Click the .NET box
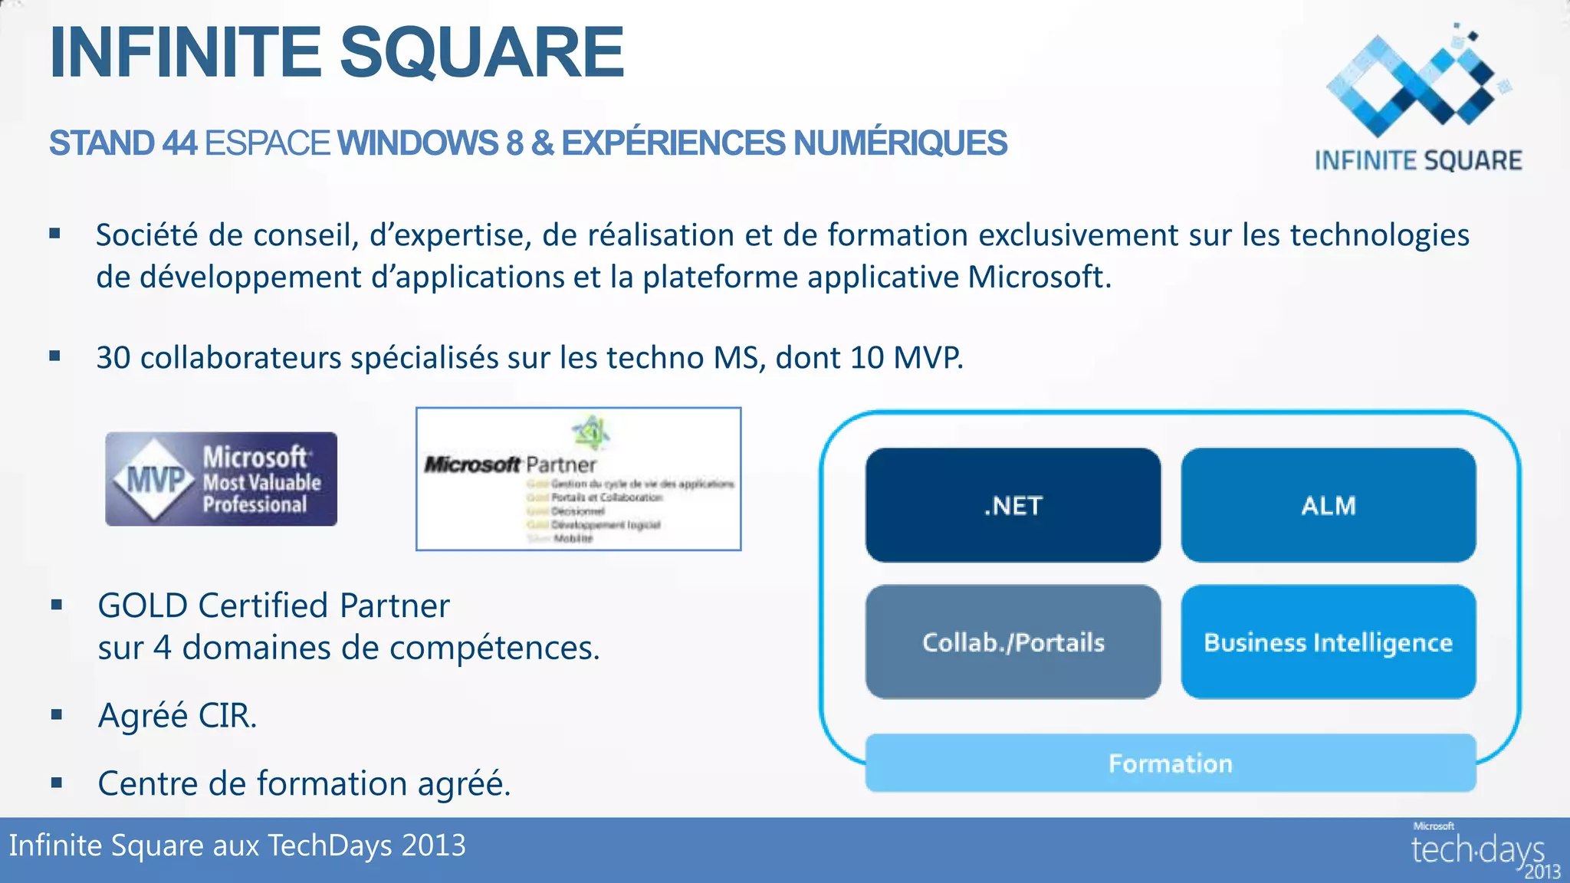point(1013,505)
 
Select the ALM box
point(1328,505)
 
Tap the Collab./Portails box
point(1013,642)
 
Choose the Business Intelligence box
point(1328,642)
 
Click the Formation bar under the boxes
point(1170,763)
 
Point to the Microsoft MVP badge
point(221,479)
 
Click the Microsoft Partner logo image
point(578,479)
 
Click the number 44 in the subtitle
point(179,143)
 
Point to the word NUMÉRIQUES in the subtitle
point(900,143)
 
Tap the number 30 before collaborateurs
point(113,358)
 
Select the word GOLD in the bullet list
point(143,606)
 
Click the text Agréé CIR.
point(177,716)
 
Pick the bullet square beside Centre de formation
point(57,783)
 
